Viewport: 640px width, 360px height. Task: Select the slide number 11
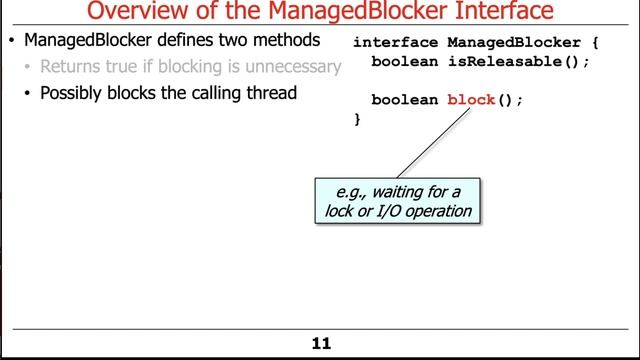(x=321, y=344)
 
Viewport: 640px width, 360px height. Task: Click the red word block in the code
(x=472, y=100)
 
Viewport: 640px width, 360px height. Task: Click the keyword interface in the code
(x=395, y=43)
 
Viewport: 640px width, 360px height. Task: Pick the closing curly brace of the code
(x=357, y=119)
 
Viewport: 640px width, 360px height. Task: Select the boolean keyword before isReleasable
(x=404, y=61)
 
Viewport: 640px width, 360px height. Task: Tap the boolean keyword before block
(x=404, y=100)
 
